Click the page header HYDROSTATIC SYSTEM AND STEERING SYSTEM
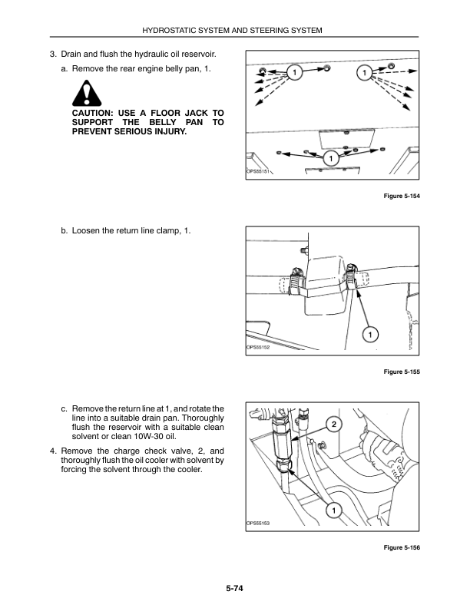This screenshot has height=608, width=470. pos(232,30)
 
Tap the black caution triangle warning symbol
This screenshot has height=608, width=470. pos(87,94)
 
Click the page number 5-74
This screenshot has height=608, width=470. pos(234,588)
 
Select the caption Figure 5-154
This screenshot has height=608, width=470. pos(402,196)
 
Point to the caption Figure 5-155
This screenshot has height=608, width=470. pos(402,372)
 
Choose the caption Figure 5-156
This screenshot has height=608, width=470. pos(402,547)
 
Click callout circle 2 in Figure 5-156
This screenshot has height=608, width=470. pos(334,425)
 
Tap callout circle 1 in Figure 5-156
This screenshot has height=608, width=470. pos(334,511)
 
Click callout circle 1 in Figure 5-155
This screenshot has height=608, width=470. pos(370,335)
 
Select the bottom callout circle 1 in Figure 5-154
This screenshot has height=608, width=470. pos(331,158)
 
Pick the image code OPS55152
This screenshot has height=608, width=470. pos(258,347)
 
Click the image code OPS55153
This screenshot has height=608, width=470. pos(258,523)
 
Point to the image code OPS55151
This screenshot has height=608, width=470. pos(258,171)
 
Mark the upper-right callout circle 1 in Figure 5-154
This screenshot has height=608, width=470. pos(364,72)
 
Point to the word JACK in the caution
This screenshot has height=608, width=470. pos(197,113)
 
